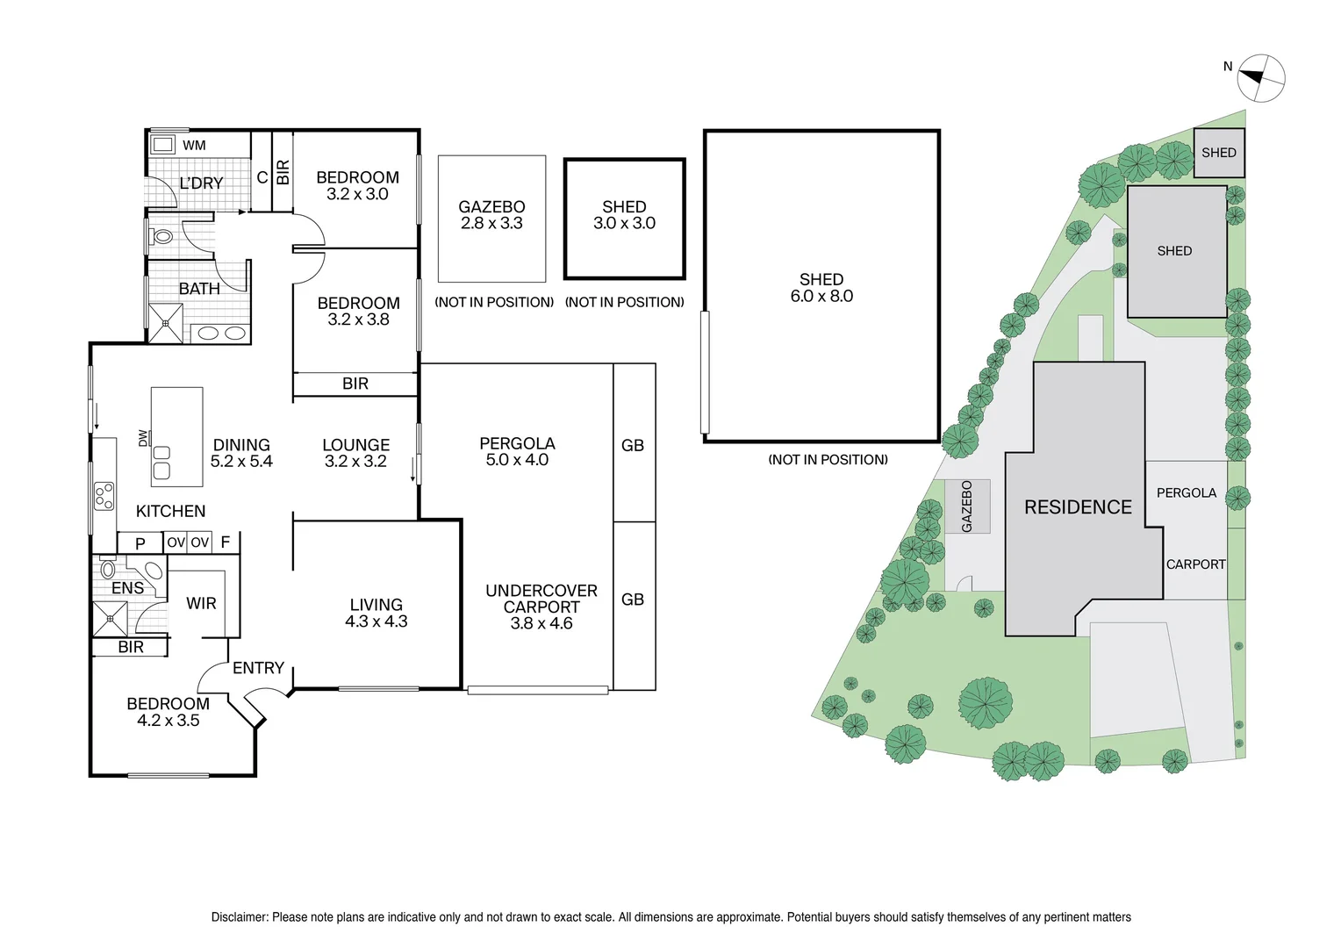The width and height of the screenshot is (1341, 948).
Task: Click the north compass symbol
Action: (1261, 78)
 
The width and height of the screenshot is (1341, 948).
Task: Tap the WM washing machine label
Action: (194, 145)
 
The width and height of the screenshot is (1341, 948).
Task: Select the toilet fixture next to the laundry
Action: (161, 236)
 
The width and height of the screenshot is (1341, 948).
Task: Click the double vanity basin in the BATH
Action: (221, 333)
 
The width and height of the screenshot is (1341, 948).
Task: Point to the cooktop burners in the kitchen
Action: (104, 496)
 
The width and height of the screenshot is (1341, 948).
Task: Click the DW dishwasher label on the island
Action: (143, 437)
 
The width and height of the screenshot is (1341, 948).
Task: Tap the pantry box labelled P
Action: (140, 543)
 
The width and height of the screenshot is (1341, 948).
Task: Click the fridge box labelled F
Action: (226, 542)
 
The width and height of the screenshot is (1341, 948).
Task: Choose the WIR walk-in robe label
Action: (201, 603)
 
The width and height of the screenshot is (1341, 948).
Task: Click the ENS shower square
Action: (111, 618)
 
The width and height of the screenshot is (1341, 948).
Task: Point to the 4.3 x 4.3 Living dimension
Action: (376, 621)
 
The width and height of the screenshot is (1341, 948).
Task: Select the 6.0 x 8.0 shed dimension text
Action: (821, 297)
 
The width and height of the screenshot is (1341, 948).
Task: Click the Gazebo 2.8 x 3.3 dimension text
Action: (491, 224)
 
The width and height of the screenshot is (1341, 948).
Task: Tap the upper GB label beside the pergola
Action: (633, 445)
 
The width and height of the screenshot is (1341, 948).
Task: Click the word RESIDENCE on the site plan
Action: (1078, 507)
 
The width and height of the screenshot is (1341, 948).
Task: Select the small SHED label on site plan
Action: (1218, 153)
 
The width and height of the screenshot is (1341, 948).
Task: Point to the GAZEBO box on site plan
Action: (967, 506)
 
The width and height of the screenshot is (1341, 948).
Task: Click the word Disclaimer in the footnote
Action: (239, 917)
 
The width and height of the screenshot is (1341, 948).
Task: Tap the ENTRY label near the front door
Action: (258, 668)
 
